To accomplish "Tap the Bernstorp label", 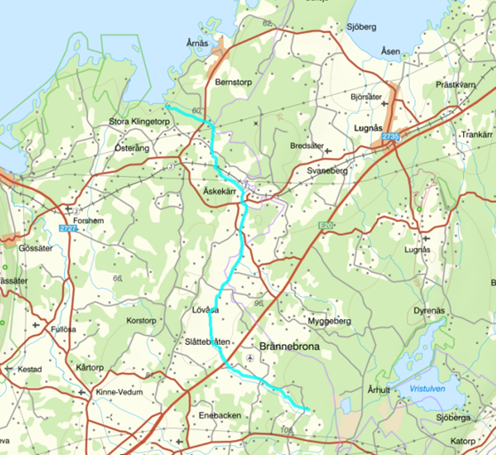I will coord(235,81).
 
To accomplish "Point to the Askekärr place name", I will coord(222,191).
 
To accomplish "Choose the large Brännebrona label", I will coord(294,347).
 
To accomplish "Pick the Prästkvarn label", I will coord(457,84).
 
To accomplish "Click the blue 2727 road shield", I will coord(66,230).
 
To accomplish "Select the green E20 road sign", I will coord(326,227).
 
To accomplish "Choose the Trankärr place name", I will coord(476,134).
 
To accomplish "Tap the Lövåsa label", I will coord(205,310).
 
